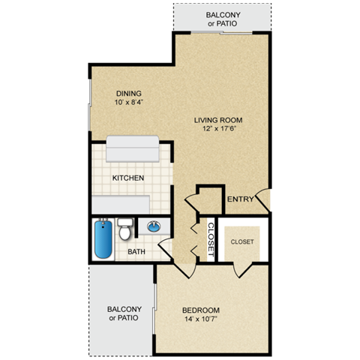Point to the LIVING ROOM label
pos(218,120)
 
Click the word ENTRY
pos(241,198)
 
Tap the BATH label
pos(136,252)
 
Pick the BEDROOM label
pos(201,310)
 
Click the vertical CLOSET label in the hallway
pos(211,240)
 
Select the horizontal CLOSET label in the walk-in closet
pos(241,241)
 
